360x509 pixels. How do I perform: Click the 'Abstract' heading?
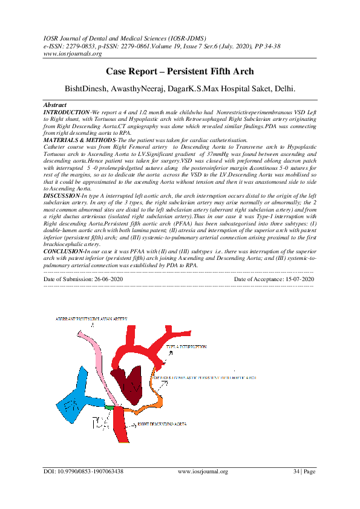(x=56, y=105)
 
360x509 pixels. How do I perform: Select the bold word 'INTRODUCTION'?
(x=66, y=112)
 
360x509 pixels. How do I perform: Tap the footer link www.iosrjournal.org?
(x=203, y=472)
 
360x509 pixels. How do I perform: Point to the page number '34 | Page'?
(x=304, y=472)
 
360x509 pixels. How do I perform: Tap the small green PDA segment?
(x=109, y=409)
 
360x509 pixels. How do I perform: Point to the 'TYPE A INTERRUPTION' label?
(x=190, y=346)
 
